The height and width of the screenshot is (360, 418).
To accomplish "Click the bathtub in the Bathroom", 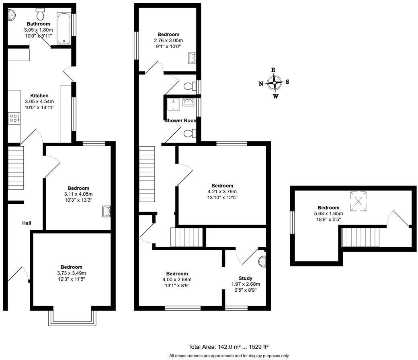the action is (x=64, y=29).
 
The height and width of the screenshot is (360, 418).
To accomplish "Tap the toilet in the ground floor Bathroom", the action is (x=40, y=14).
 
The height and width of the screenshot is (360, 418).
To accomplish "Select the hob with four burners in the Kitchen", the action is (x=14, y=118).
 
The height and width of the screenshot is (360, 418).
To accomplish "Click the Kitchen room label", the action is (x=39, y=96).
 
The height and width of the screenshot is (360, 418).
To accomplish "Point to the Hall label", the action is (x=27, y=223).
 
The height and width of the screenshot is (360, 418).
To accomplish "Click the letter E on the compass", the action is (x=273, y=70).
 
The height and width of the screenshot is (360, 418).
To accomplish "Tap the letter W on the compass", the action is (x=276, y=96).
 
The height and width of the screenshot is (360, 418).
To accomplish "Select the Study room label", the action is (x=245, y=278).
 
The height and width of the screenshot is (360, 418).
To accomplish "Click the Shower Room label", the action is (x=180, y=121).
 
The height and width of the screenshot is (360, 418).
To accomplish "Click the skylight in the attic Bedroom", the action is (x=358, y=201).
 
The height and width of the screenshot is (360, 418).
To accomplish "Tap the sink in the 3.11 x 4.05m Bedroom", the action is (x=107, y=211).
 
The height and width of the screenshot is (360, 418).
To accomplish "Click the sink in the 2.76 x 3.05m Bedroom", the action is (x=192, y=58).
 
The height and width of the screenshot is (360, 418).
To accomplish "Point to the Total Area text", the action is (x=228, y=347).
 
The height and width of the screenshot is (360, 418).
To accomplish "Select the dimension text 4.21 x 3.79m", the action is (x=222, y=192).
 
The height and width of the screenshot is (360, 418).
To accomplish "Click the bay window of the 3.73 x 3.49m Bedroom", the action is (x=72, y=318).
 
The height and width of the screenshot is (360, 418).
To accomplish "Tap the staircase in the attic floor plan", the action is (x=361, y=237).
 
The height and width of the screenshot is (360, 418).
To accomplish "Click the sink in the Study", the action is (x=262, y=262).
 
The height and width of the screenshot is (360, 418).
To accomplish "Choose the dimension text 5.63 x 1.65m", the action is (x=328, y=213).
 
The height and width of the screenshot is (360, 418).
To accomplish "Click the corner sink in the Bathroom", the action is (x=12, y=14).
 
